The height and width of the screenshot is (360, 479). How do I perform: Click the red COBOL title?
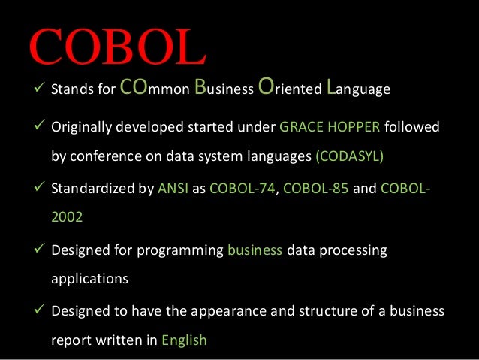tap(116, 47)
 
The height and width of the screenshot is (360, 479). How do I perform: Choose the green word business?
tap(255, 250)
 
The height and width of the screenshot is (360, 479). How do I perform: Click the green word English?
tap(183, 340)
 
